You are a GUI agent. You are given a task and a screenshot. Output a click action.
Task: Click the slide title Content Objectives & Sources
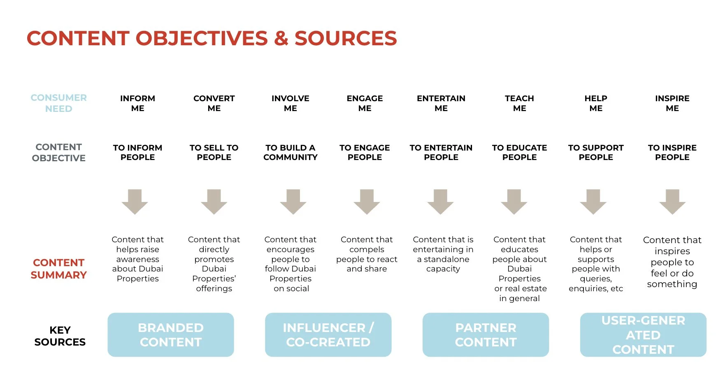211,38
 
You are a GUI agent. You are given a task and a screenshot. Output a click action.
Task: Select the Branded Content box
171,335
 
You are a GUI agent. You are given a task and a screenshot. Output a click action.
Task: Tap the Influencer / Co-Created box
328,335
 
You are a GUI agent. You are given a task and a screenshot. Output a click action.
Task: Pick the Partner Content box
486,335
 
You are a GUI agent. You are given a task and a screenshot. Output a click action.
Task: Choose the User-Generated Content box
643,335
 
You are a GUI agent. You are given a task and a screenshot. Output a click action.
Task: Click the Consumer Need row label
59,103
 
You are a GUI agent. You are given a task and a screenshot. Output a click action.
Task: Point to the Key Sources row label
60,336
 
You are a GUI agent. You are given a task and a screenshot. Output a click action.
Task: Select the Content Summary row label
59,269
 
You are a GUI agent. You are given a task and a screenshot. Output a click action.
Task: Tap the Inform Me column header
137,103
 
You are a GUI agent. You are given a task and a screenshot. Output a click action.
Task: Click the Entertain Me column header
441,103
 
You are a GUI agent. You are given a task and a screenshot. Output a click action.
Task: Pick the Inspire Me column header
672,103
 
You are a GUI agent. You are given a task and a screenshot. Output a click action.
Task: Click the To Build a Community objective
290,153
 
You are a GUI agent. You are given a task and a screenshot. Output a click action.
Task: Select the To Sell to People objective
214,153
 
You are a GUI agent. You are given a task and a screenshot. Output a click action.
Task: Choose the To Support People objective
596,153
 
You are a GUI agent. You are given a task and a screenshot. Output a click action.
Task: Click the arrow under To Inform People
135,202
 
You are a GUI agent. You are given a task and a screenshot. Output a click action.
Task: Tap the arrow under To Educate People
514,202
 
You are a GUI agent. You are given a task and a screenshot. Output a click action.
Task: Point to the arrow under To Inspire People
672,202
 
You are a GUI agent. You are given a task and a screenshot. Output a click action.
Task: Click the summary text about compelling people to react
367,254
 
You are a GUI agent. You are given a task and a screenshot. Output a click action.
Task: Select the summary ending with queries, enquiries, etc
596,264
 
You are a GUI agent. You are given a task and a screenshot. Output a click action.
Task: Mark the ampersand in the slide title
281,39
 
